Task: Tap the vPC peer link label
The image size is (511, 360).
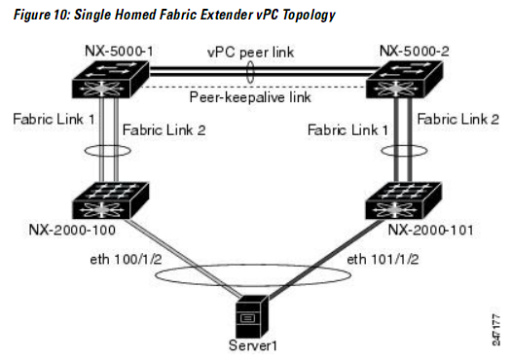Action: tap(250, 52)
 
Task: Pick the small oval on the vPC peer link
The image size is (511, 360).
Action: tap(251, 73)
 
